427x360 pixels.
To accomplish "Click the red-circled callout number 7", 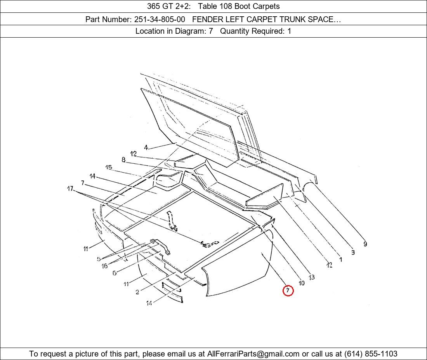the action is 288,291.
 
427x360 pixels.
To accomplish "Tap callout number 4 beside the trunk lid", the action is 146,147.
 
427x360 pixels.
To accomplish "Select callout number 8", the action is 123,160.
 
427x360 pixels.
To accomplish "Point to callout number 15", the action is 109,167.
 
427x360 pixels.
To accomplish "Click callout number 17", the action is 70,188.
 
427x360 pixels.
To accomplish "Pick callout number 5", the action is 99,259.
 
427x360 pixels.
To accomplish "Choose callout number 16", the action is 104,266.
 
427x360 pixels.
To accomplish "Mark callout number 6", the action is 115,273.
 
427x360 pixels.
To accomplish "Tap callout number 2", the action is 137,292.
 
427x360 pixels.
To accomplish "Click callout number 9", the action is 365,244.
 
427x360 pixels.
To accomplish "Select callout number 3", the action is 353,252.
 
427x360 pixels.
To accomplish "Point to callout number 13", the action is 312,277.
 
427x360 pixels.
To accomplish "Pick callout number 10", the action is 302,283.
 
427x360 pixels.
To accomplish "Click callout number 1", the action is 340,260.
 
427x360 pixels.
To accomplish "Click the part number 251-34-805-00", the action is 160,19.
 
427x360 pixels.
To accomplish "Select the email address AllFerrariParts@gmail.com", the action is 253,354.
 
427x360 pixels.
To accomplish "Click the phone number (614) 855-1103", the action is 371,354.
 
